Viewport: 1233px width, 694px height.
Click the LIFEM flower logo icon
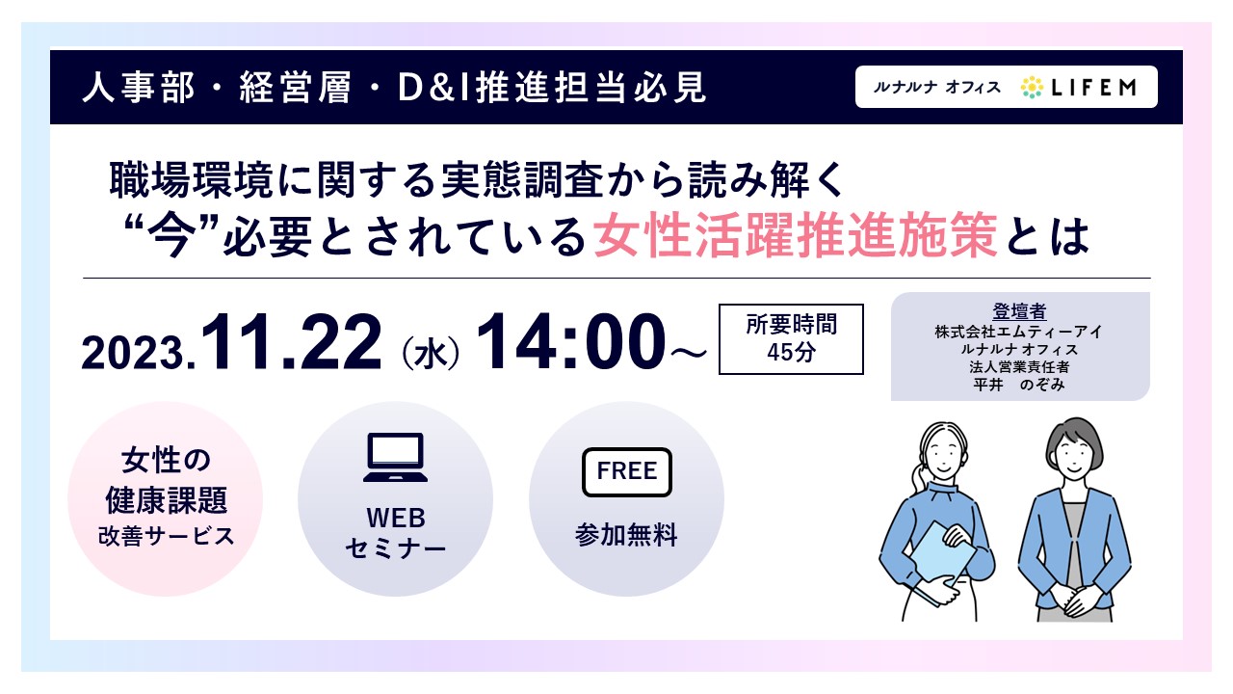(x=1032, y=87)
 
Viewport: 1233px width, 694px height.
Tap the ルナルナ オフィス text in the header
(x=936, y=87)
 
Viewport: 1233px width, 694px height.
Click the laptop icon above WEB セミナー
(x=395, y=458)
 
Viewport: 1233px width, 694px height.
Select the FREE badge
(x=627, y=472)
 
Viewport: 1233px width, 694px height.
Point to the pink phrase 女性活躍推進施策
(x=796, y=236)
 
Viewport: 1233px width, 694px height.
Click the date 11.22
(x=291, y=341)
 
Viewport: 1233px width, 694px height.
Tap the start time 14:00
(x=571, y=341)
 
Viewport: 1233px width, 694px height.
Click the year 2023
(x=135, y=353)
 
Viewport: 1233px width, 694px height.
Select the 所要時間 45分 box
(x=791, y=338)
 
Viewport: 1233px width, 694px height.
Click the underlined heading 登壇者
(x=1019, y=311)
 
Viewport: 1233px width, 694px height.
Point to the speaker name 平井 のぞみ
(x=1019, y=385)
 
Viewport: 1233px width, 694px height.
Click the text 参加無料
(x=626, y=535)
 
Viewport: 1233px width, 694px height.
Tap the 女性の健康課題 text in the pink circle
(x=166, y=480)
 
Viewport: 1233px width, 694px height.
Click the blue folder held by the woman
(x=942, y=556)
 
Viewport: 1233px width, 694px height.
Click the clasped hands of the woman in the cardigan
(x=1074, y=599)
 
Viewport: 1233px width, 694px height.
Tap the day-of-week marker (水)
(x=431, y=353)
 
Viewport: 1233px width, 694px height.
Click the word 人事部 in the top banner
(x=138, y=87)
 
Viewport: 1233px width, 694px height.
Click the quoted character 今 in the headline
(x=171, y=237)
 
